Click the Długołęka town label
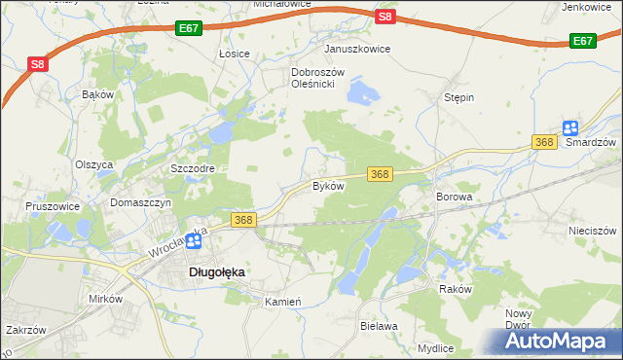click(x=215, y=273)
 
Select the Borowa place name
click(x=454, y=197)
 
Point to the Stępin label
click(x=458, y=97)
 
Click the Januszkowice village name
click(x=357, y=49)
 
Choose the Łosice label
click(x=235, y=54)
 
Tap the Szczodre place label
click(x=192, y=167)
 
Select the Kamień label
click(x=284, y=302)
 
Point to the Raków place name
click(x=455, y=290)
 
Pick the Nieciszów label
click(x=592, y=231)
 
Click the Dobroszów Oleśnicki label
click(x=313, y=78)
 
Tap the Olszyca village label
click(x=94, y=164)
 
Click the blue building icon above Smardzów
click(x=570, y=127)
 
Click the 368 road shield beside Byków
click(x=380, y=173)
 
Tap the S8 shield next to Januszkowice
click(x=385, y=17)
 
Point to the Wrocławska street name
click(x=179, y=243)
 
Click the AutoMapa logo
click(x=556, y=341)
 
